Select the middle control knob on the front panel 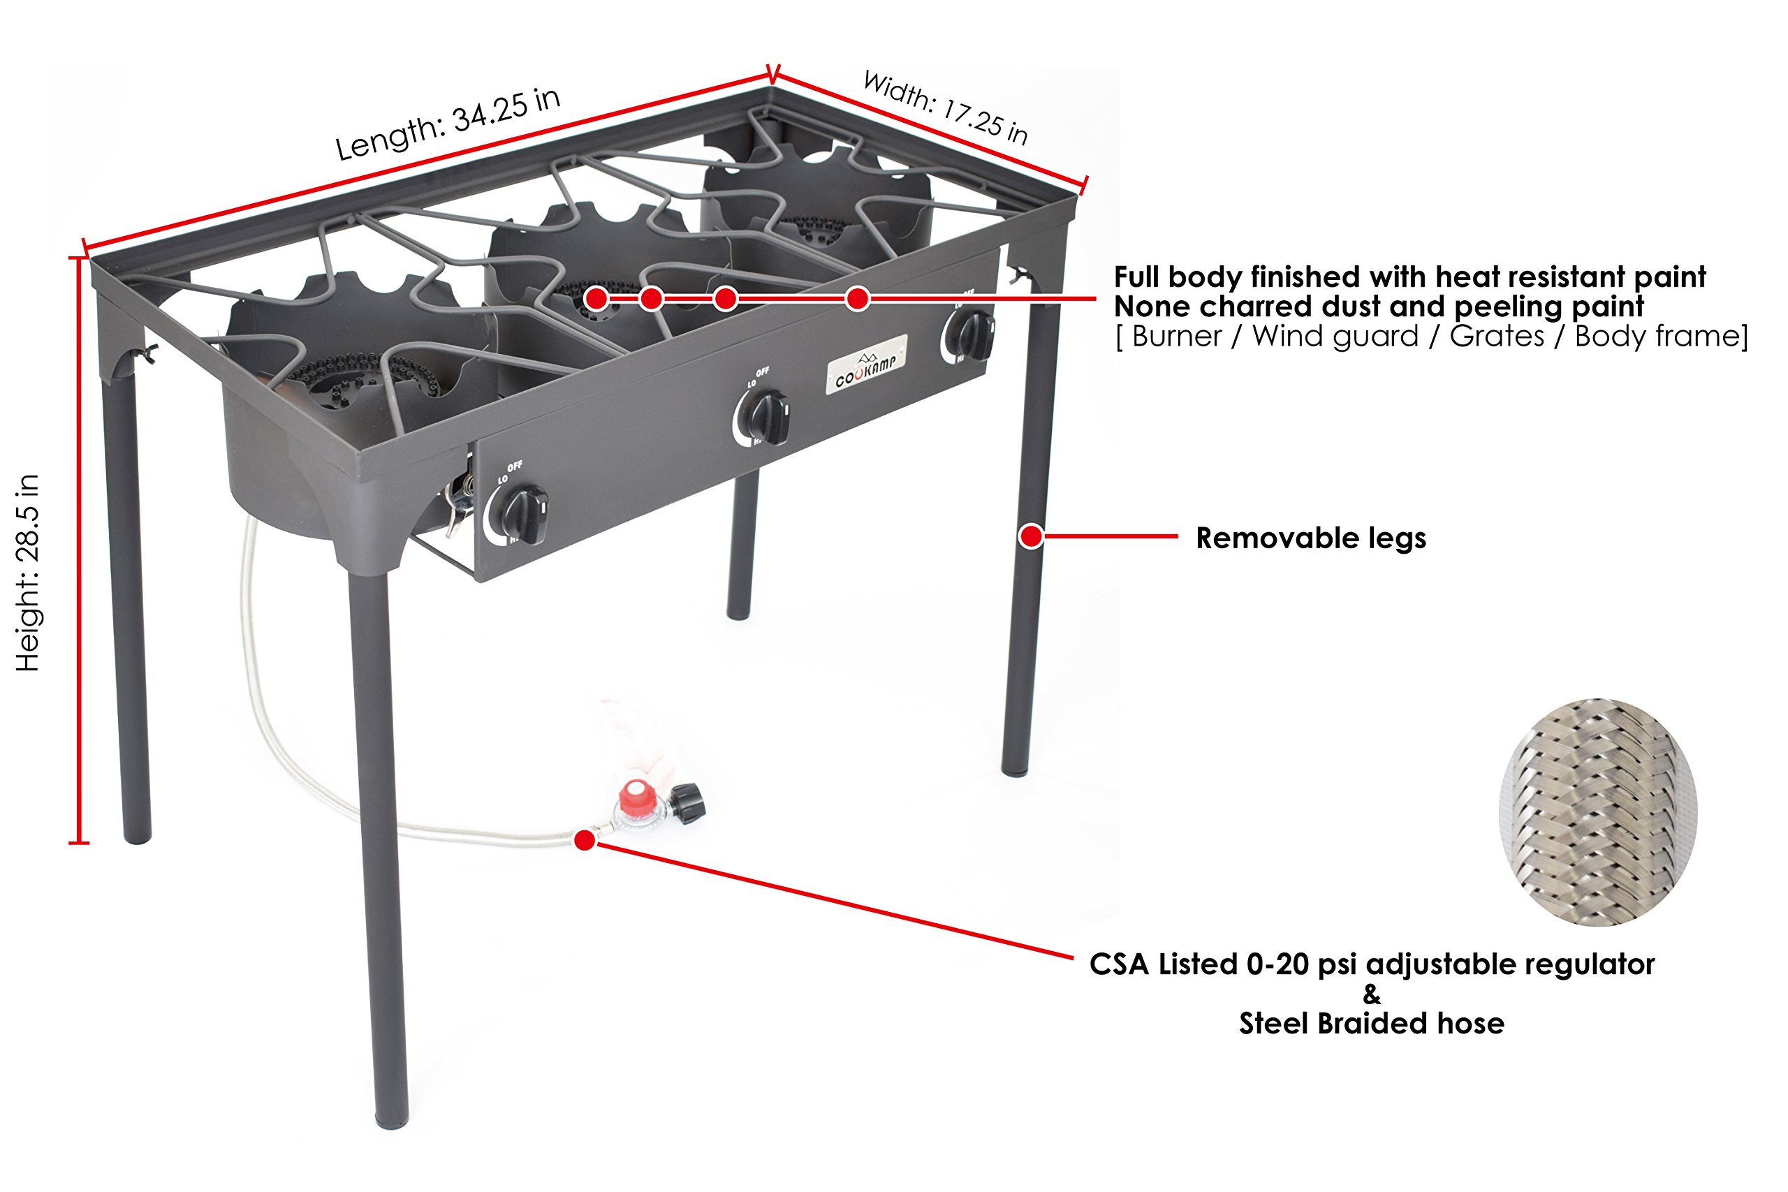[x=766, y=418]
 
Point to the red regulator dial [x=637, y=798]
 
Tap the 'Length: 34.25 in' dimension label [x=448, y=124]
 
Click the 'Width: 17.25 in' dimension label [x=945, y=108]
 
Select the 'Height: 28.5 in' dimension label [x=28, y=573]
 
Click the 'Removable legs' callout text [x=1310, y=538]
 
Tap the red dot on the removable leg [x=1031, y=537]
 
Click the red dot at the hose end [x=584, y=840]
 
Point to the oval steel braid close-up [x=1597, y=812]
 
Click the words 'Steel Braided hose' [x=1372, y=1023]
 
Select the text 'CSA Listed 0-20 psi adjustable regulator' [x=1372, y=964]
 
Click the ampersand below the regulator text [x=1372, y=994]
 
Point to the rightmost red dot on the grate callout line [x=858, y=299]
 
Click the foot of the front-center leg [x=393, y=1119]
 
